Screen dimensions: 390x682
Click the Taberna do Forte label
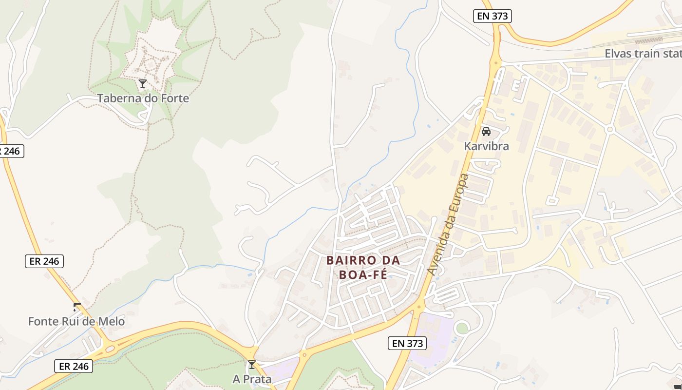(143, 98)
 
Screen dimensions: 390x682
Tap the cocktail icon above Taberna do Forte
(143, 84)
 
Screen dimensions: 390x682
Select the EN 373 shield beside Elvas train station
(492, 16)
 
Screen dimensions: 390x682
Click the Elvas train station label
(643, 54)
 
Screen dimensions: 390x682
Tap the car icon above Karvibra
(486, 132)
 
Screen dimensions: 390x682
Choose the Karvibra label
(486, 146)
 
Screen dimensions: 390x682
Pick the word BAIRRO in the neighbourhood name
(349, 260)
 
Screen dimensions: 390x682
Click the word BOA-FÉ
(363, 274)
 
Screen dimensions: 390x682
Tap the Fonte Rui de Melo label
(76, 322)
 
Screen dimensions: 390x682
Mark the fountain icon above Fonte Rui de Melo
(76, 307)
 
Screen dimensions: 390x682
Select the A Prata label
(252, 379)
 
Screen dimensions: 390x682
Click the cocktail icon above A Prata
(252, 365)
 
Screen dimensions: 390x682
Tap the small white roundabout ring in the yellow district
(609, 129)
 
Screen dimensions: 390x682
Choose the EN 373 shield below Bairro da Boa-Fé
(407, 343)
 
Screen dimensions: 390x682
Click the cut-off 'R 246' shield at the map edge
(11, 151)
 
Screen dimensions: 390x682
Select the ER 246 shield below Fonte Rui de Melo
(73, 366)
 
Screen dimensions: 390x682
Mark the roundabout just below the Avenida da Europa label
(418, 307)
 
